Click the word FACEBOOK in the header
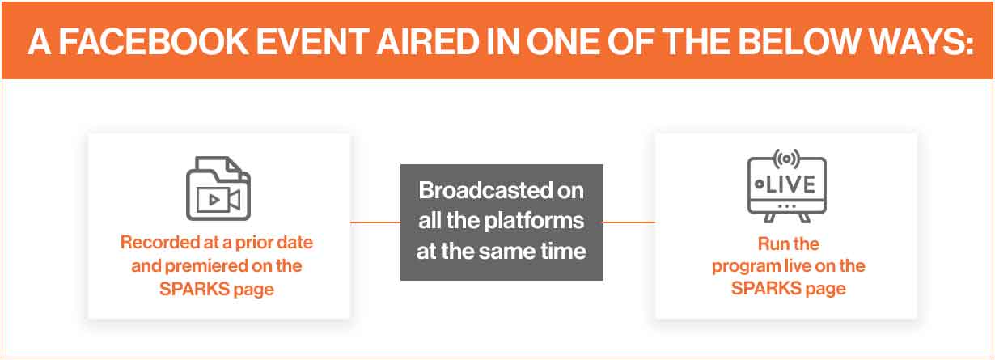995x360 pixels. pyautogui.click(x=153, y=42)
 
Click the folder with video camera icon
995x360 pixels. pyautogui.click(x=218, y=188)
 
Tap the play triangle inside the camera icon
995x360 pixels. pyautogui.click(x=214, y=200)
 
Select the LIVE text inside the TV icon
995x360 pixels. pyautogui.click(x=790, y=184)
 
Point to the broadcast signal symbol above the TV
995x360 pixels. pyautogui.click(x=786, y=159)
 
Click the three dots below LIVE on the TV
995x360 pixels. pyautogui.click(x=787, y=206)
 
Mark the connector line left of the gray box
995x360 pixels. pyautogui.click(x=375, y=222)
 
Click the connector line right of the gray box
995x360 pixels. pyautogui.click(x=629, y=222)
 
